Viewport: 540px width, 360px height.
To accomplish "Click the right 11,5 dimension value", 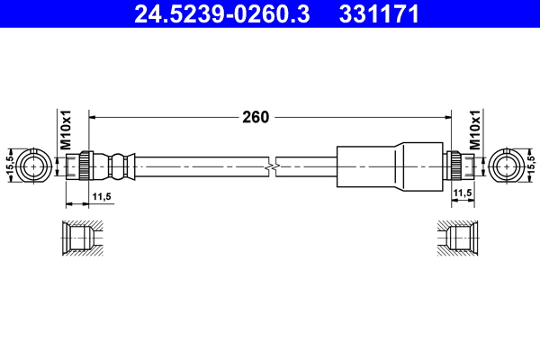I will [462, 193].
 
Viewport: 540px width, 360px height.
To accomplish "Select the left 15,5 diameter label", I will [9, 166].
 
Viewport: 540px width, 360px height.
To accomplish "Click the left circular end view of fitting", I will [37, 166].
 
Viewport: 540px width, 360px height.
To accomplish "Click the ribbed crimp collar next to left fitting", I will [115, 166].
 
